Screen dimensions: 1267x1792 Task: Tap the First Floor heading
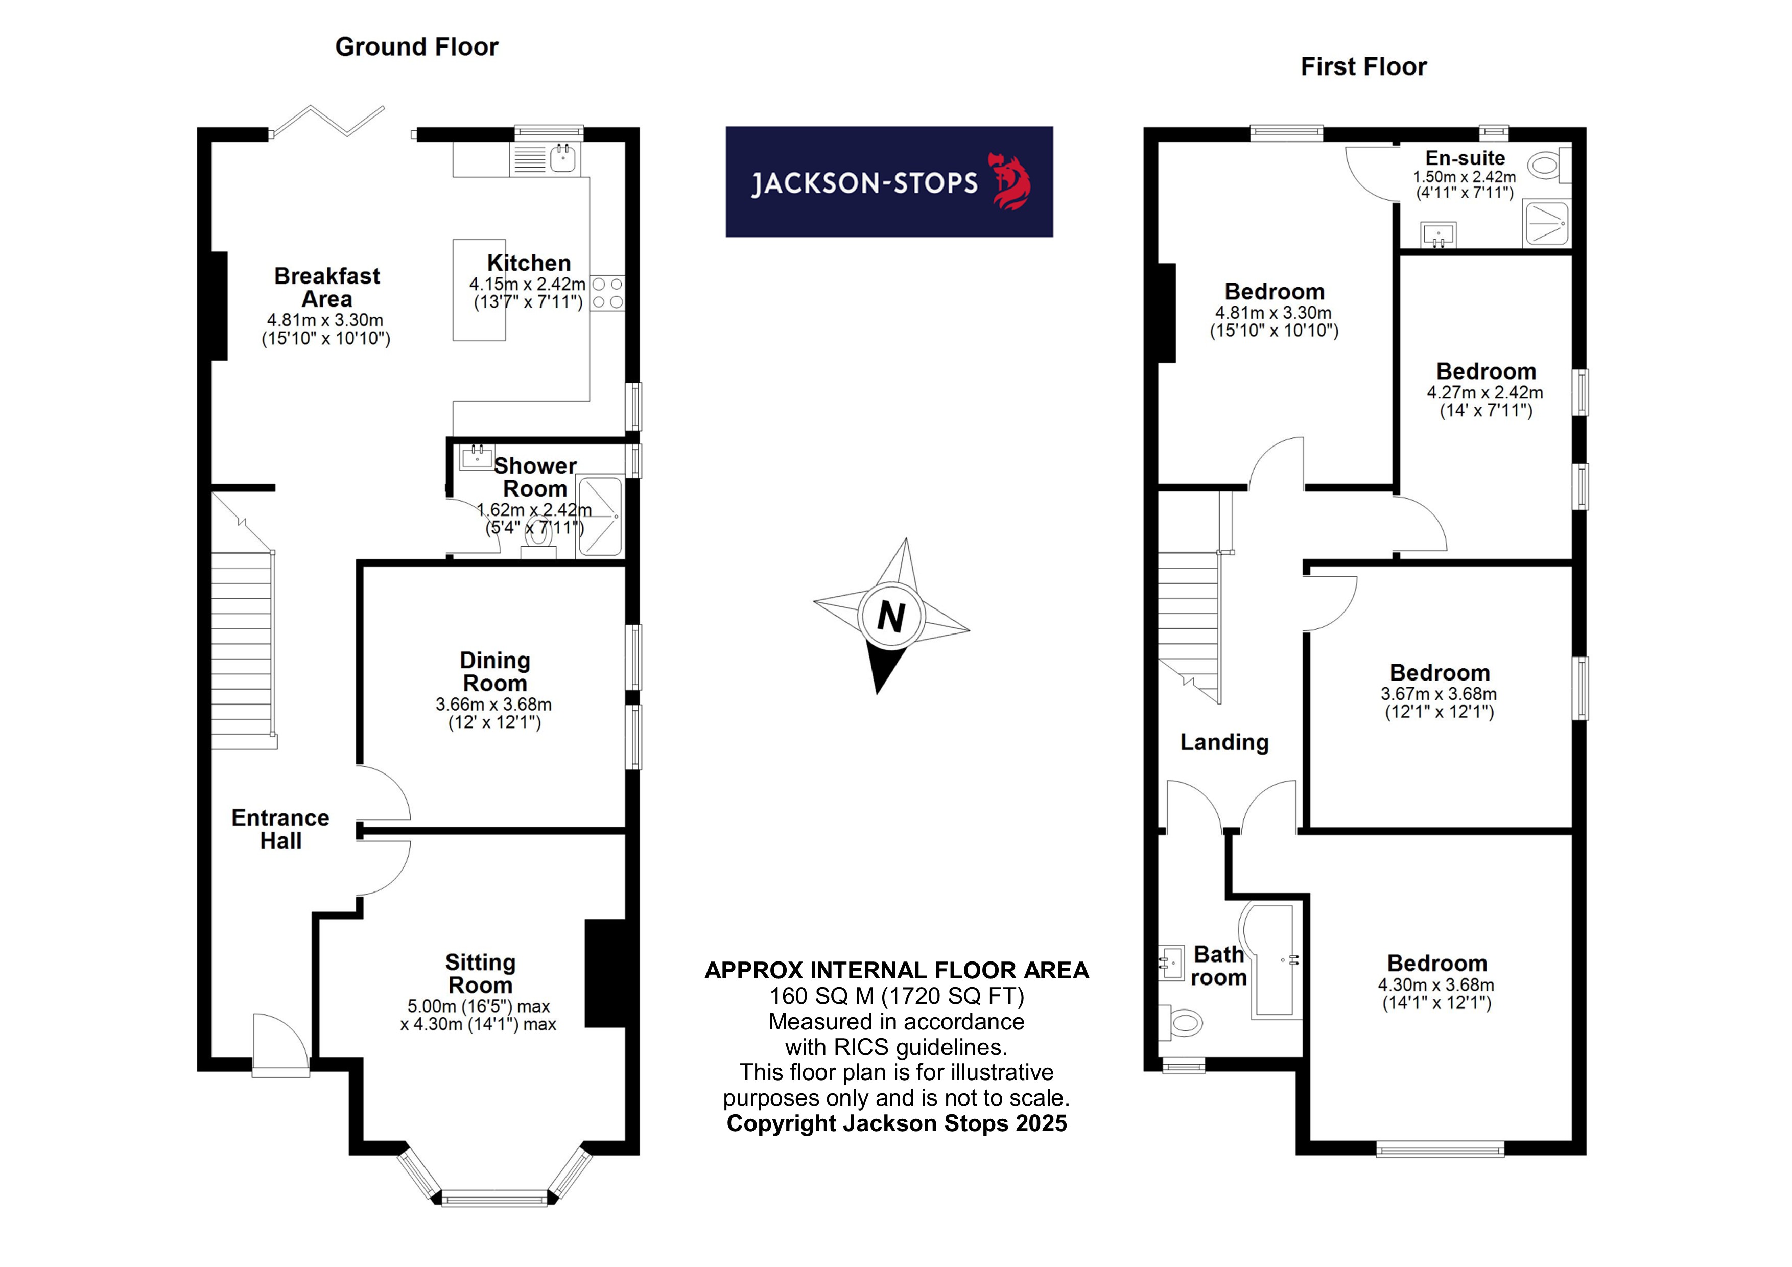point(1363,67)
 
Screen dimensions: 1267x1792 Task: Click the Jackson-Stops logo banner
point(888,182)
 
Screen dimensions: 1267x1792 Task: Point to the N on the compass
point(890,617)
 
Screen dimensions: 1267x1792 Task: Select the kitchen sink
point(562,158)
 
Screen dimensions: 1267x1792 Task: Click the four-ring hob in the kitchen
point(607,293)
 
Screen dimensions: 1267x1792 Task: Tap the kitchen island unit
point(479,290)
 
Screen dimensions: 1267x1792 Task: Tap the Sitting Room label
point(480,973)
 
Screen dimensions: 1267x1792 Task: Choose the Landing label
point(1224,742)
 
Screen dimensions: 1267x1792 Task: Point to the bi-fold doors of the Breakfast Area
point(328,121)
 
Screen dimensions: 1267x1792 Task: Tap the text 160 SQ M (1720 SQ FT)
point(896,996)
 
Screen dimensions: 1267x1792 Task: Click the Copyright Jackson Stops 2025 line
point(896,1123)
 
